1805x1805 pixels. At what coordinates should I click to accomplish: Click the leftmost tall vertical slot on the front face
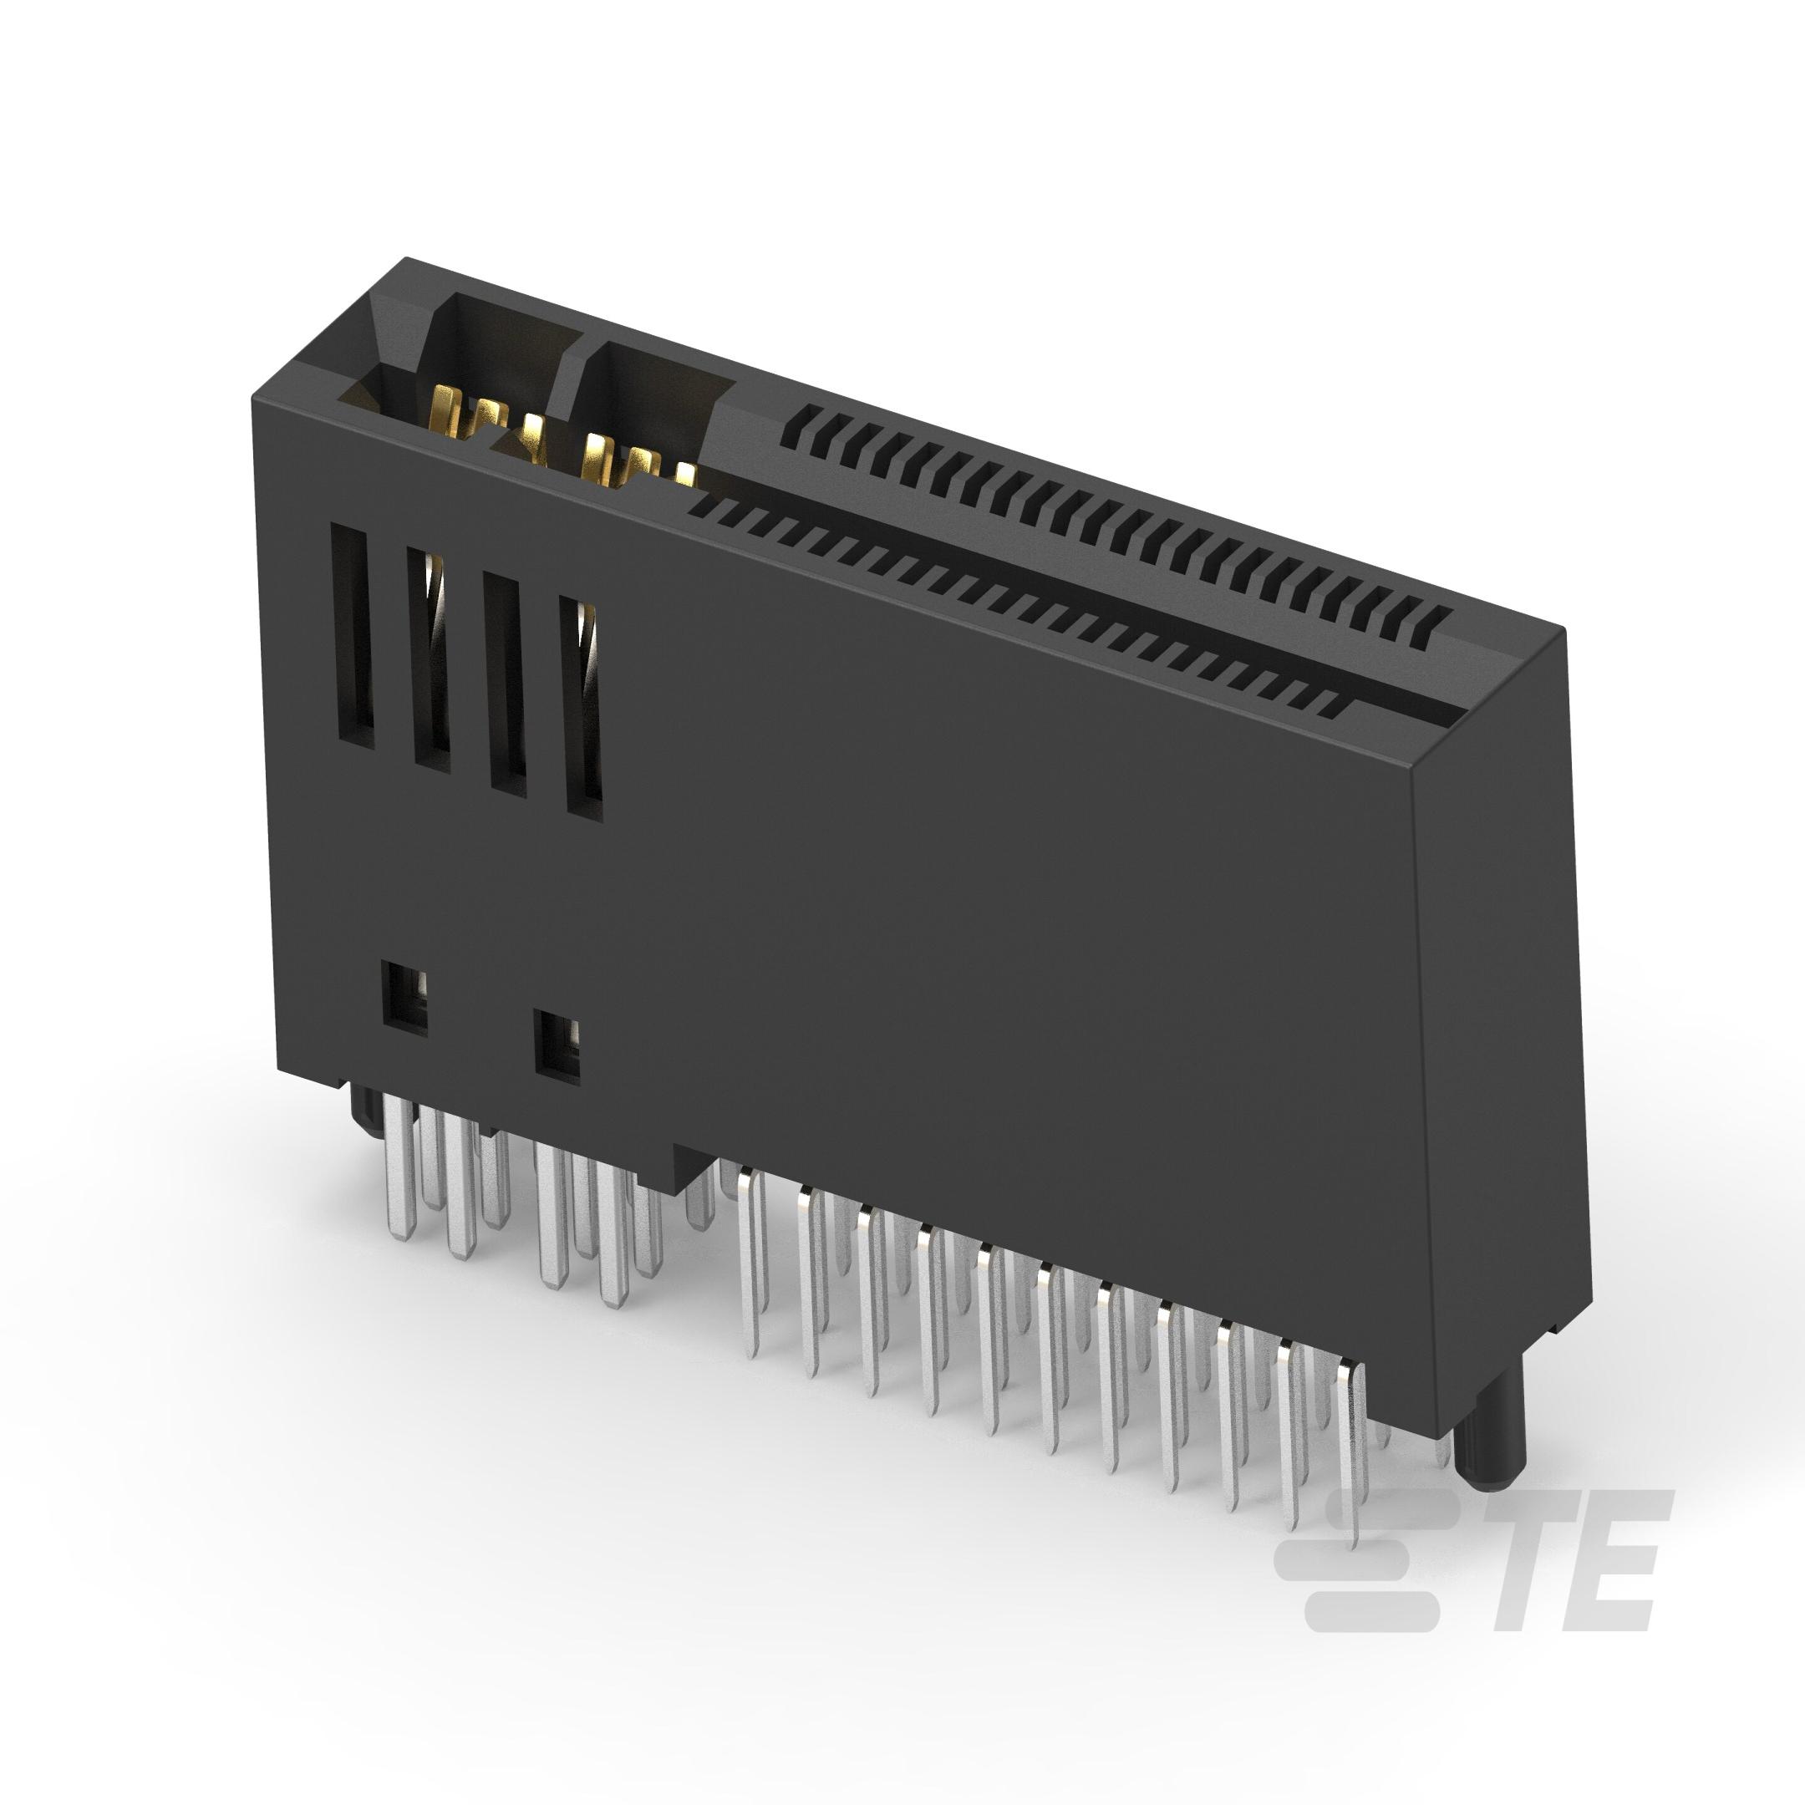tap(352, 635)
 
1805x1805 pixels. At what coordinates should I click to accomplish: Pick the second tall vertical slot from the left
tap(429, 659)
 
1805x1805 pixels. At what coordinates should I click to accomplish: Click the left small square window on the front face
tap(404, 999)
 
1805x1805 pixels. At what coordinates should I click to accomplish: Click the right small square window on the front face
tap(557, 1046)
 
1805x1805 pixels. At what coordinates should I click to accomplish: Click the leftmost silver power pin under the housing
tap(400, 1168)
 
